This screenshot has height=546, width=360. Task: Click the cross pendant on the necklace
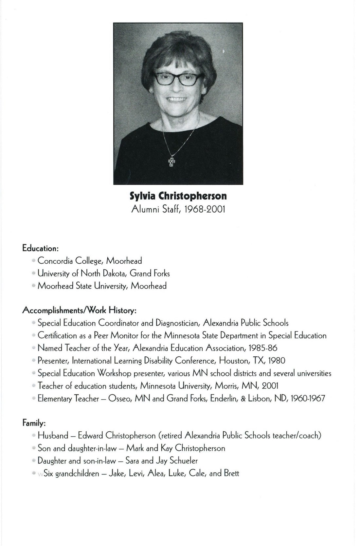click(x=171, y=162)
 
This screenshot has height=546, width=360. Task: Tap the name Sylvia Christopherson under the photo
click(x=178, y=196)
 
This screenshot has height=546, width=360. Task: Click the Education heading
click(x=40, y=248)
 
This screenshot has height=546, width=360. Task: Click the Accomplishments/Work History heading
click(x=79, y=310)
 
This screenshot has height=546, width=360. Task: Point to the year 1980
click(x=277, y=361)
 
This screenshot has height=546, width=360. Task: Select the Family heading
click(x=34, y=424)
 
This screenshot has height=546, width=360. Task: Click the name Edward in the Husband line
click(x=90, y=436)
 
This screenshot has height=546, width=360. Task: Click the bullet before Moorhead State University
click(x=34, y=286)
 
